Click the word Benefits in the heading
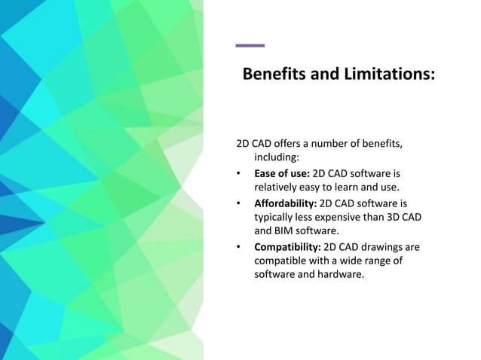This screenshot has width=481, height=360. coord(275,76)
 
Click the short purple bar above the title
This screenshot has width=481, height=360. coord(250,46)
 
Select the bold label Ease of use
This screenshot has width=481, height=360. coord(281,174)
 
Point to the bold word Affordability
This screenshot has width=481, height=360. coord(286,203)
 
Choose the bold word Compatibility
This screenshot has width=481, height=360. coord(287,246)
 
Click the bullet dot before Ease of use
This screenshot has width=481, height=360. coord(239,174)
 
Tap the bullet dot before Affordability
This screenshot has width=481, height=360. coord(239,203)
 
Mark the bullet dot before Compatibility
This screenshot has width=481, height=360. coord(239,246)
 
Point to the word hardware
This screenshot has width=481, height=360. coord(340,275)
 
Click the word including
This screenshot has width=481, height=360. coord(277,158)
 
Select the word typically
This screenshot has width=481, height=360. coord(276,217)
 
